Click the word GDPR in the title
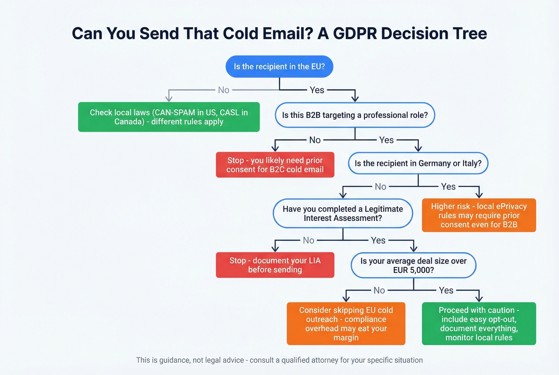[355, 34]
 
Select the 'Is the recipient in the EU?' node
[279, 67]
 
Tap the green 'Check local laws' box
[168, 117]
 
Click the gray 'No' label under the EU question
[224, 90]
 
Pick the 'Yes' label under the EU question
[317, 90]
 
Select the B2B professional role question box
[355, 115]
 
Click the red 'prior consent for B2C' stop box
[275, 165]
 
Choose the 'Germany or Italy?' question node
[418, 163]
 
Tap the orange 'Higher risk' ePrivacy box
[479, 215]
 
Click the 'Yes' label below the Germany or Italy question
[448, 187]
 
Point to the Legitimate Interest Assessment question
[343, 214]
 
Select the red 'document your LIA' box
[275, 265]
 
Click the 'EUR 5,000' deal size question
[413, 266]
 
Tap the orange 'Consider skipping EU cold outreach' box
[346, 324]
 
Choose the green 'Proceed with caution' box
[479, 324]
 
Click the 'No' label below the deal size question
[379, 290]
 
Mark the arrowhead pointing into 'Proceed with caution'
[479, 298]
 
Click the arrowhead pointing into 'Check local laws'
[169, 98]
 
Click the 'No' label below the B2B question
[315, 140]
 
